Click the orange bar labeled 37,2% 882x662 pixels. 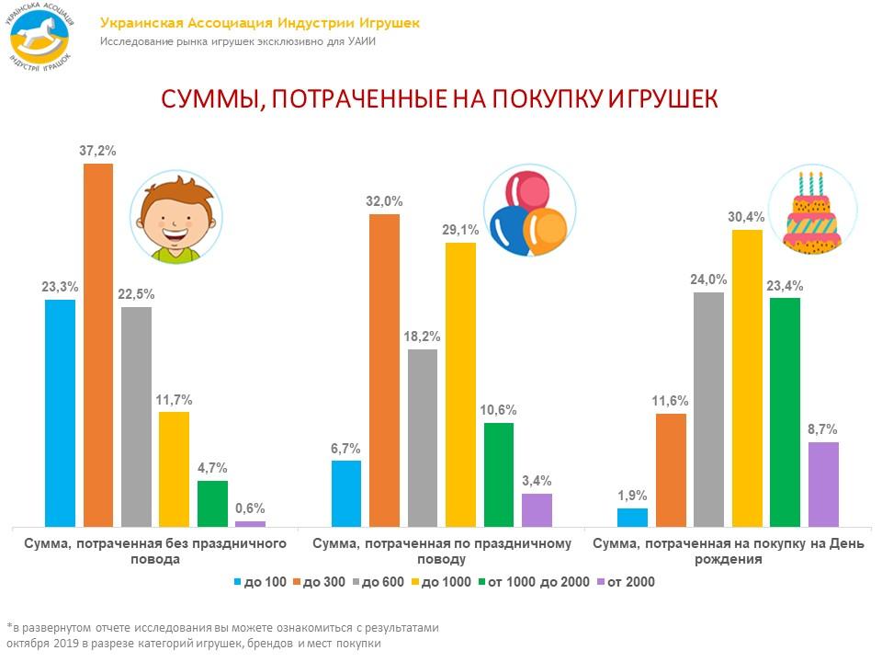[x=98, y=345]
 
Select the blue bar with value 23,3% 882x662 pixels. [x=60, y=413]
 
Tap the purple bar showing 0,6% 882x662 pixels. [x=250, y=523]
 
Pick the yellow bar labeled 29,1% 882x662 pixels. [x=460, y=384]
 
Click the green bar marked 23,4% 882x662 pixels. [x=785, y=412]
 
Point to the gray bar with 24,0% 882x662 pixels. [x=708, y=409]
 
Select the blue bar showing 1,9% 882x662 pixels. [x=632, y=517]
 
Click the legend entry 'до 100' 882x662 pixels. [x=261, y=581]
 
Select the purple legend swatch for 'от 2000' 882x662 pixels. [x=601, y=582]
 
